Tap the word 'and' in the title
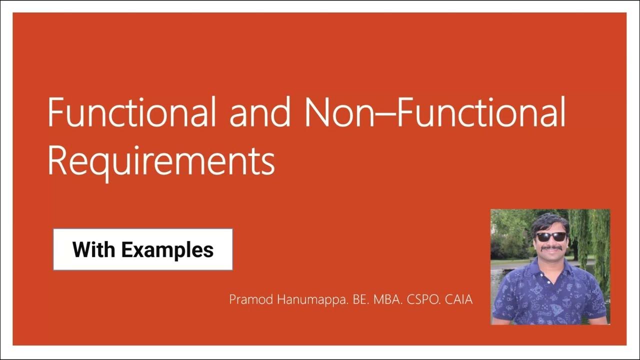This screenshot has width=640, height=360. point(259,113)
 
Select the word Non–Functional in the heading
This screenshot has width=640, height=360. point(435,113)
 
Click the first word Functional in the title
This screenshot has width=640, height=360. point(132,113)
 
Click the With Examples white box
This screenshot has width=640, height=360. point(143,249)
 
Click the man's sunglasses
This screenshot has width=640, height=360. point(550,236)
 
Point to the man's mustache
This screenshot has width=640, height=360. point(550,247)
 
